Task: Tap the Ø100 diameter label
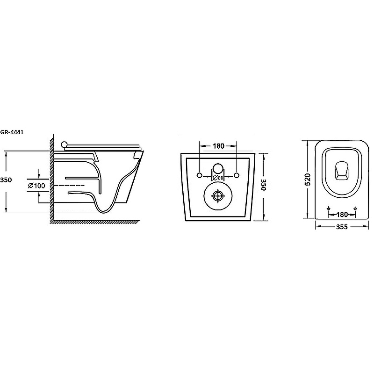(x=36, y=186)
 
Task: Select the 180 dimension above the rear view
(x=218, y=146)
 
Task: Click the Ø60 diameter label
(x=218, y=178)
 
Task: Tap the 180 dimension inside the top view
(x=342, y=215)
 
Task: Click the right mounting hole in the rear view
(x=237, y=175)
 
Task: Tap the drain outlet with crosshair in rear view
(x=218, y=195)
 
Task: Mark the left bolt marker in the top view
(x=329, y=208)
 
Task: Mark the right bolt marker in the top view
(x=356, y=208)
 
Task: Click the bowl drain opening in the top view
(x=343, y=171)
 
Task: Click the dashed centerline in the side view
(x=70, y=186)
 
